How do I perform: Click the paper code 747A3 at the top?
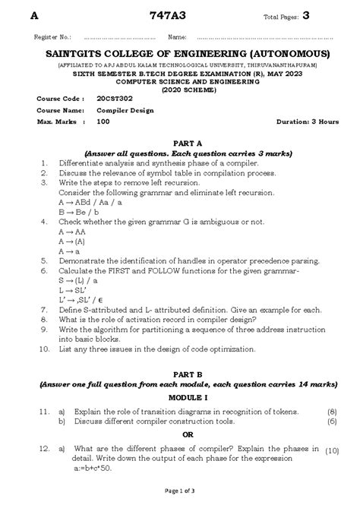pos(180,16)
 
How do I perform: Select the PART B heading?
pos(179,374)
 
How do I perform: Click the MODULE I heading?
pos(179,397)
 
